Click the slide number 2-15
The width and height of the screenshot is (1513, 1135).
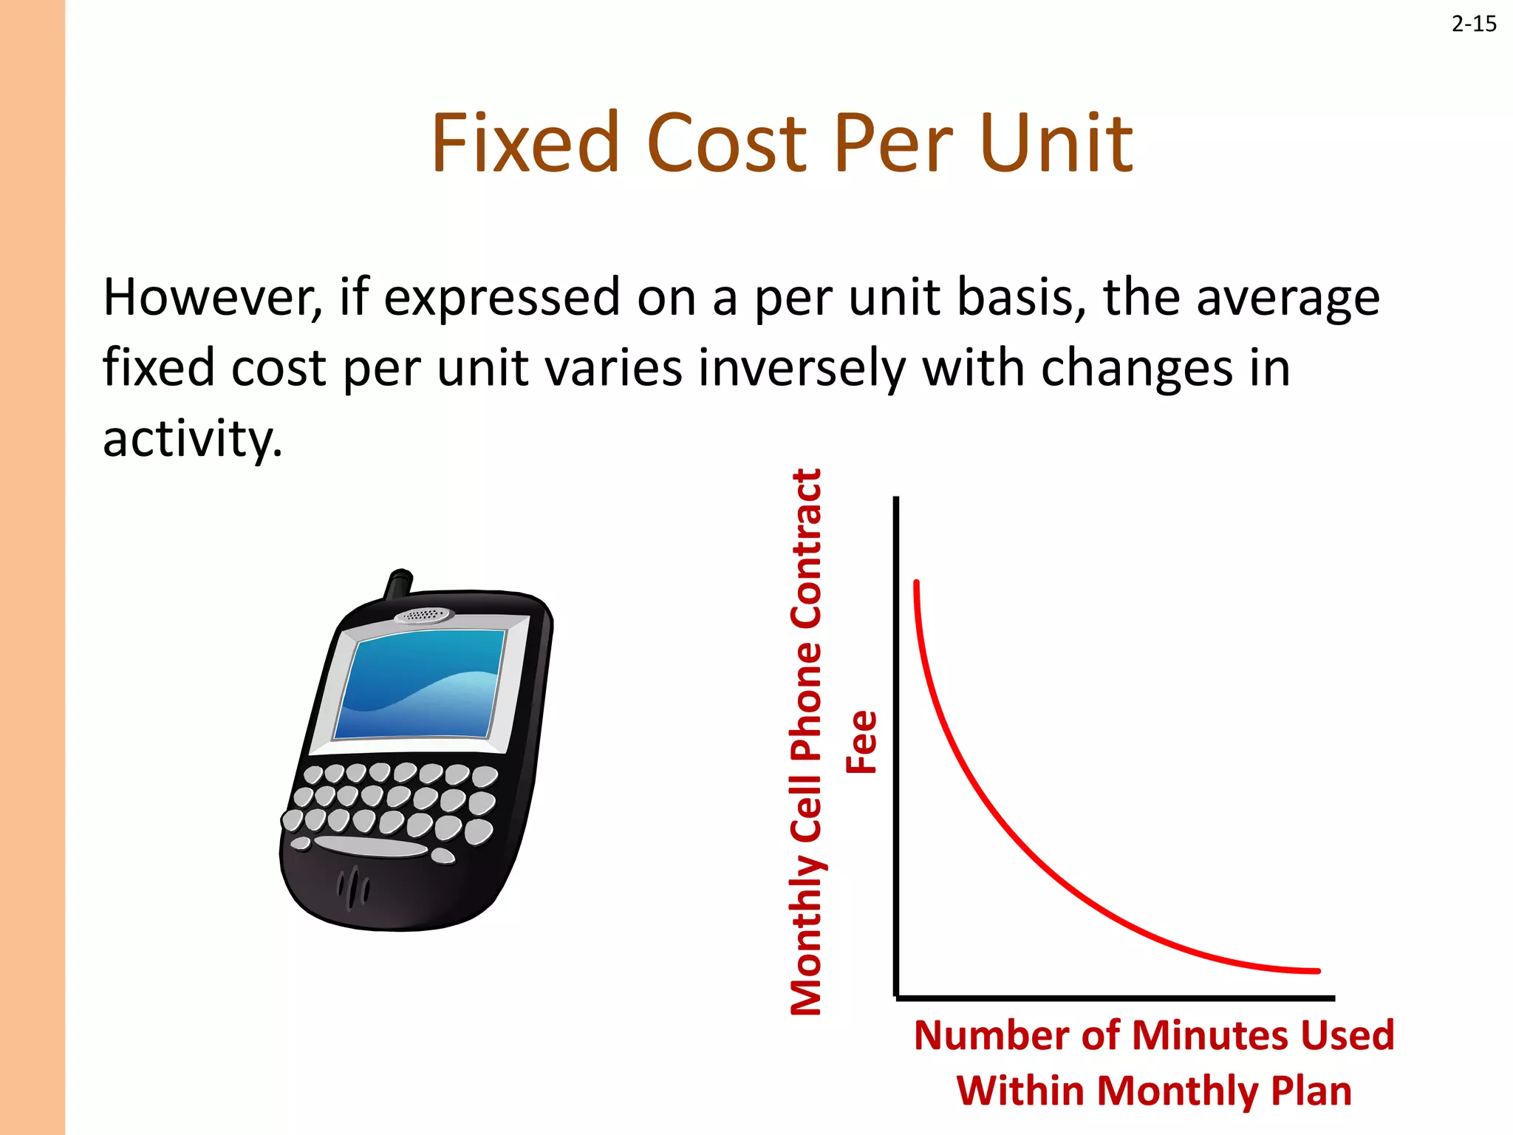tap(1474, 24)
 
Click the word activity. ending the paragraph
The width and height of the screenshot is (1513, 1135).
tap(192, 439)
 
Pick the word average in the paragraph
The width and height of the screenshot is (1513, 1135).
tap(1287, 299)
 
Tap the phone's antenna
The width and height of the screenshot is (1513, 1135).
tap(399, 583)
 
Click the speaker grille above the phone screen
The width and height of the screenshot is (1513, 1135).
tap(423, 615)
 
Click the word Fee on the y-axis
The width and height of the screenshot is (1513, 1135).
tap(861, 742)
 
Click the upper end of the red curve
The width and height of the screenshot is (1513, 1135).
tap(916, 584)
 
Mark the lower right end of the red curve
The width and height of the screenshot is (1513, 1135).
tap(1316, 971)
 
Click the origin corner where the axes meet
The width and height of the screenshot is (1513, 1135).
tap(897, 998)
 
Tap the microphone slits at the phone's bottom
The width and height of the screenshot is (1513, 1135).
tap(354, 886)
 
